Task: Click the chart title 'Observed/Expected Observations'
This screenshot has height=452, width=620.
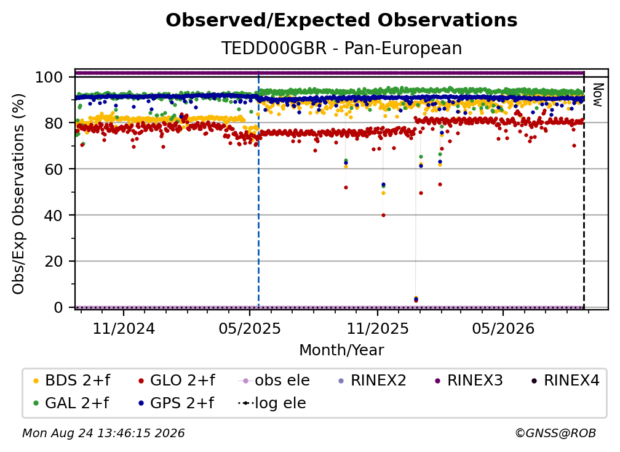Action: (341, 20)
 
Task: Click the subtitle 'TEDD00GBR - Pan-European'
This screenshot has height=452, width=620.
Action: (341, 48)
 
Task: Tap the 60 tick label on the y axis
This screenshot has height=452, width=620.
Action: (54, 169)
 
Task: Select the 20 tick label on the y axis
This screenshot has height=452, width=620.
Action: (54, 261)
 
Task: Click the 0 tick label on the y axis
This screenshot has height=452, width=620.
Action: (58, 307)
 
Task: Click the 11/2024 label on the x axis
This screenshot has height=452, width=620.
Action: (124, 328)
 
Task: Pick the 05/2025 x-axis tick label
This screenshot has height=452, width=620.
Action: (250, 328)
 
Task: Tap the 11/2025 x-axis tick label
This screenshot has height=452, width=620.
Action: (378, 328)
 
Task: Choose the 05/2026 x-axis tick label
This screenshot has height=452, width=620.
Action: (503, 328)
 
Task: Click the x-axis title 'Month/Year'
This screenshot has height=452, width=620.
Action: (341, 350)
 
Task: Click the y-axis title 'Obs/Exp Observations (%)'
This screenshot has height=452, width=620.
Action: (18, 193)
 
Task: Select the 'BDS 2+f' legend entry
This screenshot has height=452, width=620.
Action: (71, 381)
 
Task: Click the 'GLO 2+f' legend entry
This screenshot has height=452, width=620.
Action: (177, 381)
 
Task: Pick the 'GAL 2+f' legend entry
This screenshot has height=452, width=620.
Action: (71, 403)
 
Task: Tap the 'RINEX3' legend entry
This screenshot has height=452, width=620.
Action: (469, 381)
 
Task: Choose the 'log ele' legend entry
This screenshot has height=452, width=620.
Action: (272, 403)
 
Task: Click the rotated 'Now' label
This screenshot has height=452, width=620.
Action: (598, 95)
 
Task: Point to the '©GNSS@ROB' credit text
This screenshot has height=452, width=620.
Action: (555, 434)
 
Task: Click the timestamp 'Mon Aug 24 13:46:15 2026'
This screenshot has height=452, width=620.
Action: (103, 434)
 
